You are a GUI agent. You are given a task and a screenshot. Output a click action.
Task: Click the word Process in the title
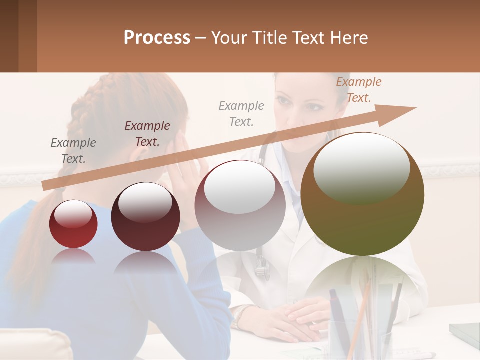click(157, 38)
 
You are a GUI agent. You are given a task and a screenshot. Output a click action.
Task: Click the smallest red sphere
click(73, 224)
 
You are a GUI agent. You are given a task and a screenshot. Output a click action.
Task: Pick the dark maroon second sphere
click(145, 216)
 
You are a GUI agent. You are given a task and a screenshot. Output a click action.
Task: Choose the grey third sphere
click(240, 205)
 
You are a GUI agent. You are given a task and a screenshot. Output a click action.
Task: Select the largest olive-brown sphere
click(362, 194)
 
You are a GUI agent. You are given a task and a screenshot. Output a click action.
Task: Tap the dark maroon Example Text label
click(147, 133)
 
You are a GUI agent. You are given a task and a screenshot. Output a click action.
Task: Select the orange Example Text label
click(358, 90)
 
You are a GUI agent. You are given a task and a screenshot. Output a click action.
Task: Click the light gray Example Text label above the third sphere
click(241, 113)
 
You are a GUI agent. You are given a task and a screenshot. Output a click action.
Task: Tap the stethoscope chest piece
click(262, 271)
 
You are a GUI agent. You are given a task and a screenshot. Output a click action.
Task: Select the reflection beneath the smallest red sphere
click(73, 256)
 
